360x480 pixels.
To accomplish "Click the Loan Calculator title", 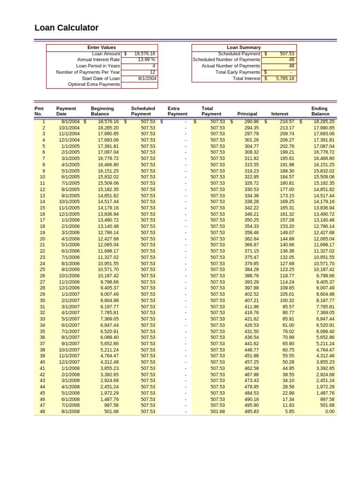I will [x=67, y=28].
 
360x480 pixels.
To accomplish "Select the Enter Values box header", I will [x=102, y=47].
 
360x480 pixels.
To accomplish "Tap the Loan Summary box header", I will [x=244, y=47].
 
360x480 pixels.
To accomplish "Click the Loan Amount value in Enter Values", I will [x=144, y=54].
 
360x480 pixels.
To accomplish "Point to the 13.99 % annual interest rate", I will [x=146, y=60].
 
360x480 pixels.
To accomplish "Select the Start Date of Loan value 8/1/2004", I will [x=147, y=78].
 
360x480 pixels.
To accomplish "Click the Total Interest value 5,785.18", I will [x=285, y=78].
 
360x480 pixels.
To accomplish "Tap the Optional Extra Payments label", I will [x=94, y=84].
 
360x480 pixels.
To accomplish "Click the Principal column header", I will [x=247, y=114].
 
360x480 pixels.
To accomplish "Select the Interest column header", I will [x=279, y=114].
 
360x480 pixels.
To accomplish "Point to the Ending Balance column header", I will [x=320, y=111].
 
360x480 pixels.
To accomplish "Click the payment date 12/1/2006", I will [x=69, y=288].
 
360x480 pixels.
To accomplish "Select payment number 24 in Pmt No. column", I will [x=42, y=263].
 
